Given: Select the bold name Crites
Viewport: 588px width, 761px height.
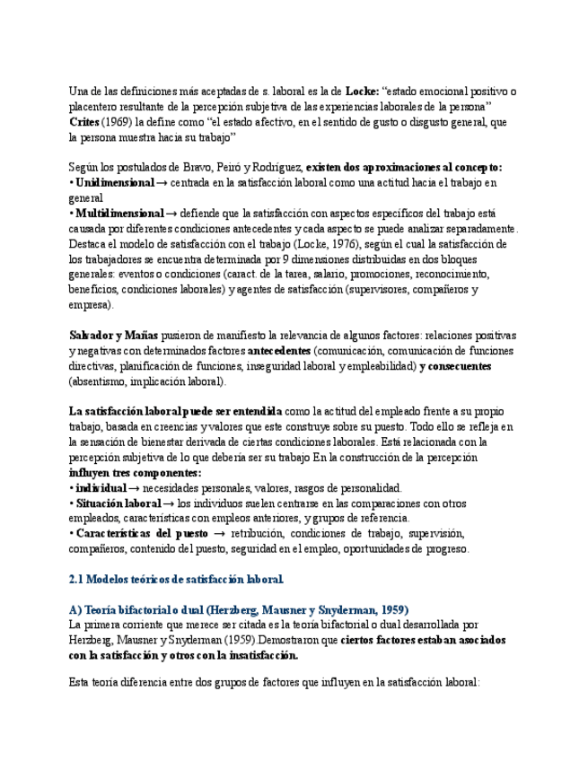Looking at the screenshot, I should (85, 122).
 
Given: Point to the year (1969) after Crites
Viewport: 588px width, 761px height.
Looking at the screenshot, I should (118, 122).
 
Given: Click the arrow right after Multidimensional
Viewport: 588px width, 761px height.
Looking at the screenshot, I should (171, 214).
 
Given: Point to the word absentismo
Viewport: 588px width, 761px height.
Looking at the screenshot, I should (102, 381).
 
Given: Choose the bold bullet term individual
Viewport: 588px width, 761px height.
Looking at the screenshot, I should (101, 488).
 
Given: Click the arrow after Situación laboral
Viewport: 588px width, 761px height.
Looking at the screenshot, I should (170, 503).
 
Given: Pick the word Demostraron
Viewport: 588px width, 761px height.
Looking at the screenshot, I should (291, 640).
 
